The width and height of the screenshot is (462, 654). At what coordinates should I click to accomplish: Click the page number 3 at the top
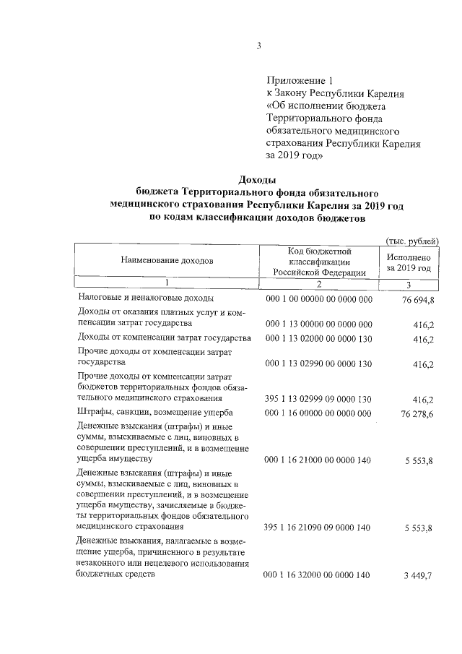258,47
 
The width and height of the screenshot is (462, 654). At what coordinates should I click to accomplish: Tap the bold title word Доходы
258,180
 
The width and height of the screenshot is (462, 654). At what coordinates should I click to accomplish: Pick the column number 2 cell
319,283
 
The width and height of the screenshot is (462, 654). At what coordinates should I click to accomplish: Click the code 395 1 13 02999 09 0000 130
319,398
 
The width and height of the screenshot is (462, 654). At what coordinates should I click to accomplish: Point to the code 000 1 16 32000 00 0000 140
319,575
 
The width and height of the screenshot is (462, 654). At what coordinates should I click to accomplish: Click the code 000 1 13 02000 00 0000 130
319,338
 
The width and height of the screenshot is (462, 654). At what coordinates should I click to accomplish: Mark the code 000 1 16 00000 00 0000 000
319,413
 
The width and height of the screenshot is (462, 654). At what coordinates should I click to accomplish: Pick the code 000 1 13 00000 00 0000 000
319,323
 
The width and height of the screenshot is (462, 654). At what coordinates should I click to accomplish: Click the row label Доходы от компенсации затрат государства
164,337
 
